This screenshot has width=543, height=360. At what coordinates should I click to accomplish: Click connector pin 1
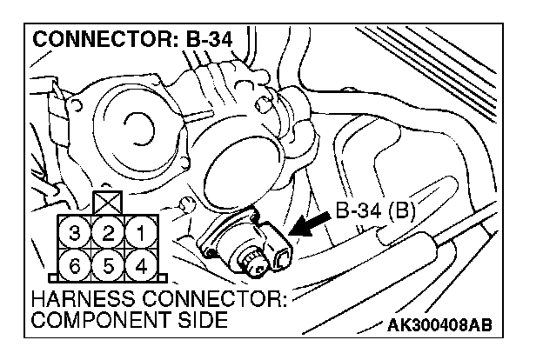(x=139, y=233)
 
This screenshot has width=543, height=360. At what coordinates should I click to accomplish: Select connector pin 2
(x=106, y=233)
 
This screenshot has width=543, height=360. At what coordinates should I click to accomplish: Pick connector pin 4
(x=139, y=263)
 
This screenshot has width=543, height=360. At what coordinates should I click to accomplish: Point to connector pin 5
(x=106, y=263)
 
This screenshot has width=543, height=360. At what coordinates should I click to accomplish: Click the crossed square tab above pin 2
(x=106, y=203)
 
